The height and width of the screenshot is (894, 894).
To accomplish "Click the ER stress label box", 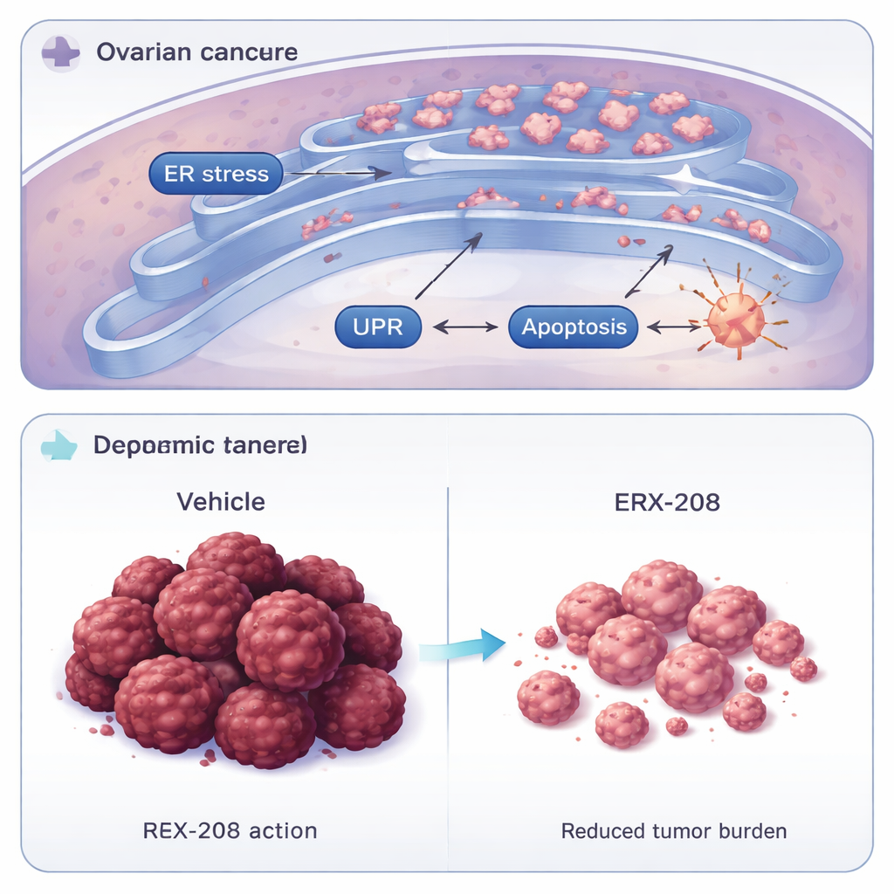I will pos(216,174).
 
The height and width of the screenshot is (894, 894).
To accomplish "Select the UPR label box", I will pos(378,327).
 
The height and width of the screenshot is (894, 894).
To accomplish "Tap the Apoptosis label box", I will pos(573,327).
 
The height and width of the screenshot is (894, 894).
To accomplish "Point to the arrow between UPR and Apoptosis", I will pos(465,328).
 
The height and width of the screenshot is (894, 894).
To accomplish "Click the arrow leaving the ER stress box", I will pos(336,174).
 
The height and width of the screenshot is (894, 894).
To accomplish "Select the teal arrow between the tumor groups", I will pos(462,646).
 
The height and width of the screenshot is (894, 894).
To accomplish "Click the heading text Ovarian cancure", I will pos(196,52).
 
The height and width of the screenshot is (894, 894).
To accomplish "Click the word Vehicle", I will pos(221,502).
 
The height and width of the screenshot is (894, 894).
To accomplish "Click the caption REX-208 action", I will pos(230,829).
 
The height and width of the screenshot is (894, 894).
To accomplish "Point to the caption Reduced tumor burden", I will pos(673,829).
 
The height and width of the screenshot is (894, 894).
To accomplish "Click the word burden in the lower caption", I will pos(753,829).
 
